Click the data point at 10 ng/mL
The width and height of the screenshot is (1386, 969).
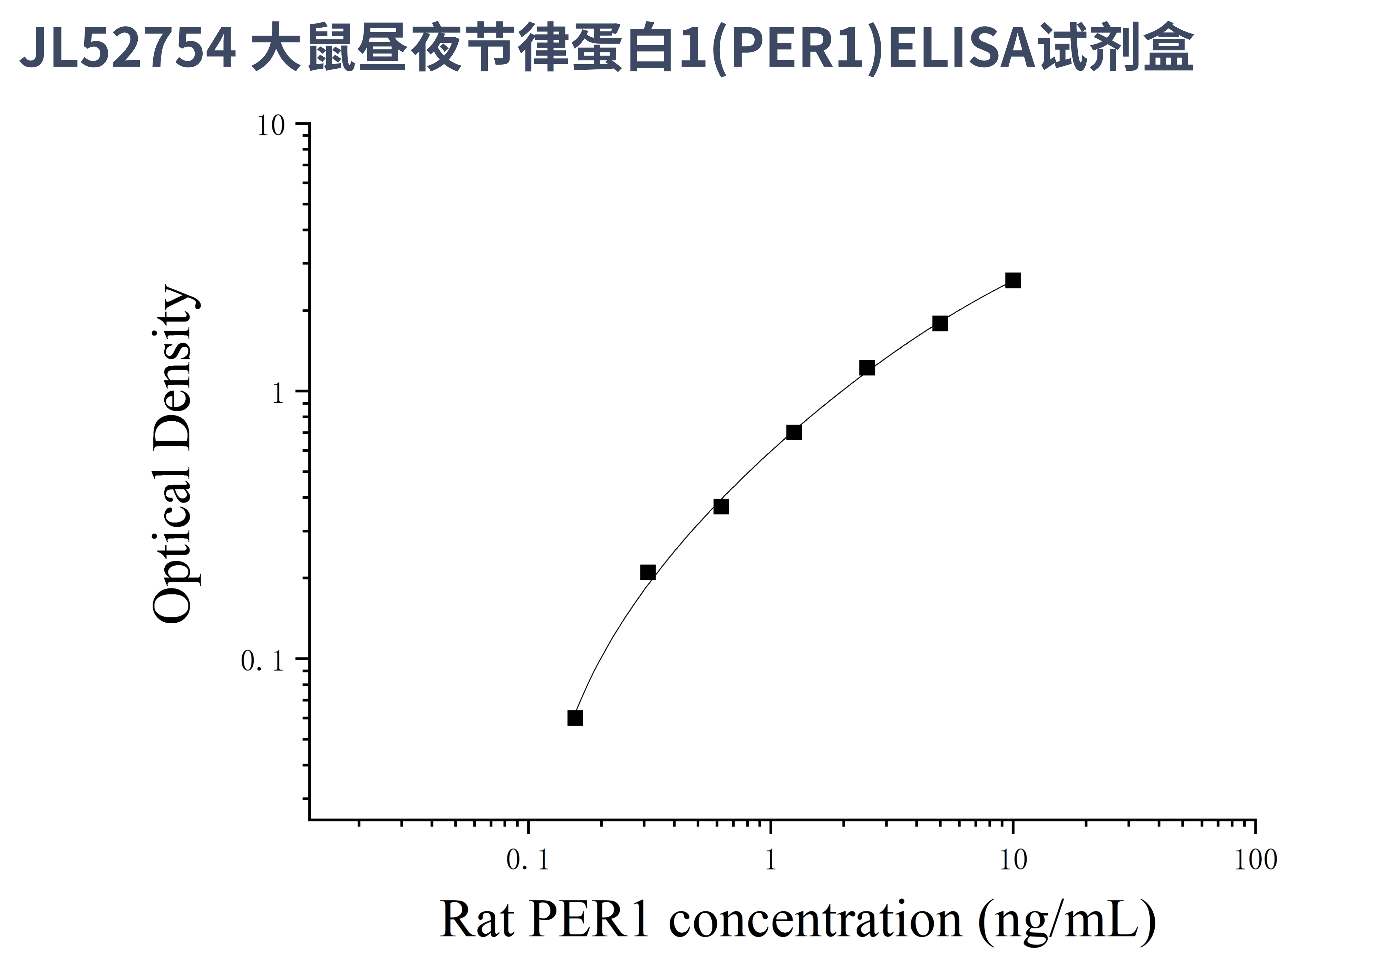pos(1013,280)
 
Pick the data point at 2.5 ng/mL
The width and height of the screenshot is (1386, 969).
pos(867,368)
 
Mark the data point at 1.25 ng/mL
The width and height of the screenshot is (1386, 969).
pos(794,432)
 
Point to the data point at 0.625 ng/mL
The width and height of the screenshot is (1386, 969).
pos(721,506)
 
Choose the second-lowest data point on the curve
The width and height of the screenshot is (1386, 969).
pos(648,572)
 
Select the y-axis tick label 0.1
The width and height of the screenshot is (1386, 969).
pos(262,661)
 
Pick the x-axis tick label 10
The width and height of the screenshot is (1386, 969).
pos(1013,860)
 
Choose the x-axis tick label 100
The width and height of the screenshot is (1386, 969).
pos(1256,860)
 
